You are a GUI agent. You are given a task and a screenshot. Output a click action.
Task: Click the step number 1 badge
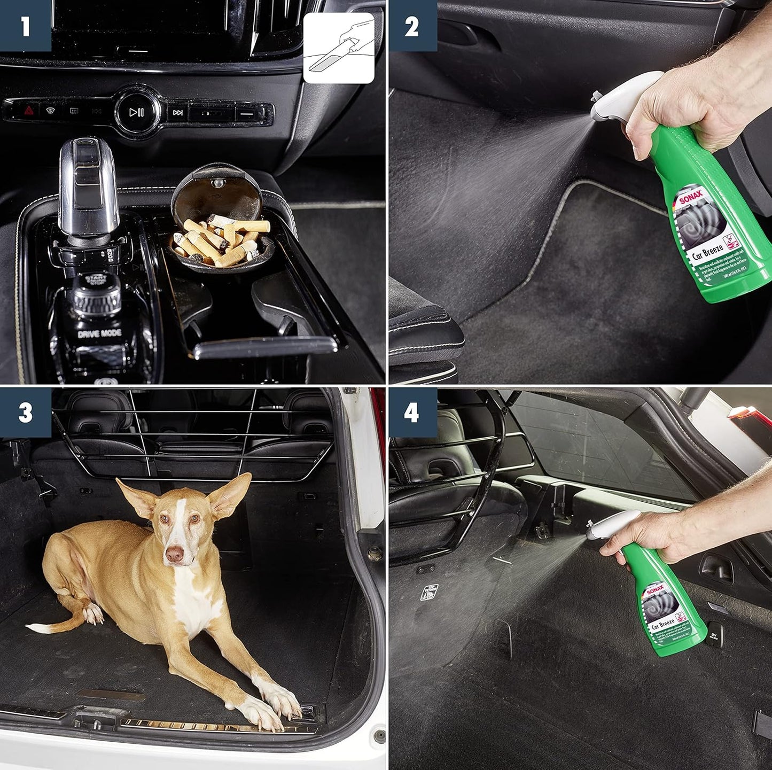tap(25, 26)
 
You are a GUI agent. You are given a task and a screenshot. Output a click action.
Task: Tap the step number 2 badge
tap(412, 26)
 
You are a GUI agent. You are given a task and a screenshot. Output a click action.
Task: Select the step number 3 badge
tap(25, 412)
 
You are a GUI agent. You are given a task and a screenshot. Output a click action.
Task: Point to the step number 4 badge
tap(412, 412)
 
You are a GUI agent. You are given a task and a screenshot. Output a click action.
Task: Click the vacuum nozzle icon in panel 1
tap(339, 49)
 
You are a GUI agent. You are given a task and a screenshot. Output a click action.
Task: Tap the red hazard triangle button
tap(28, 111)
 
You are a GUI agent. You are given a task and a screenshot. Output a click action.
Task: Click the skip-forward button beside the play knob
tap(178, 113)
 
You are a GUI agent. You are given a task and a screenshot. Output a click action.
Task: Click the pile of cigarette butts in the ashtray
tap(223, 240)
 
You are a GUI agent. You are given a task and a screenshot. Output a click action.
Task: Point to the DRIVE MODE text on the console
tap(99, 334)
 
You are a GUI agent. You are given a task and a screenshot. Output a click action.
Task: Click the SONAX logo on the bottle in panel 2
tap(689, 198)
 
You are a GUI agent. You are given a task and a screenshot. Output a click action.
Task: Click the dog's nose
tap(174, 554)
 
